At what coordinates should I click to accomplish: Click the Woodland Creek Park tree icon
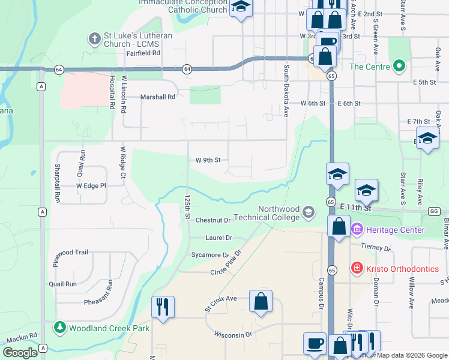pyautogui.click(x=60, y=328)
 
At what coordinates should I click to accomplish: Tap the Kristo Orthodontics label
pyautogui.click(x=404, y=269)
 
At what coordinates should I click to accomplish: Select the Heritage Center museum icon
pyautogui.click(x=357, y=229)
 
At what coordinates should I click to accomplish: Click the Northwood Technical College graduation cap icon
pyautogui.click(x=309, y=212)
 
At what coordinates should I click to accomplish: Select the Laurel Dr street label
pyautogui.click(x=218, y=238)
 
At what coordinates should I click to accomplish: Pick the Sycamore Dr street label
pyautogui.click(x=210, y=255)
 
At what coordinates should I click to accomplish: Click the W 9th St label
pyautogui.click(x=208, y=160)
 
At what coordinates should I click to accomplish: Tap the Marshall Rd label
pyautogui.click(x=157, y=96)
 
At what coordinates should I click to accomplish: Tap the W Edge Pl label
pyautogui.click(x=91, y=186)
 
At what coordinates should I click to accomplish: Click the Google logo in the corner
pyautogui.click(x=20, y=353)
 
